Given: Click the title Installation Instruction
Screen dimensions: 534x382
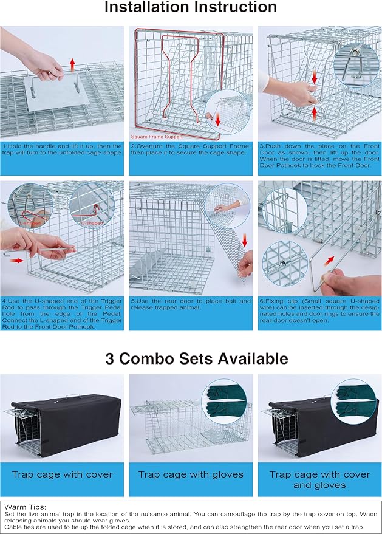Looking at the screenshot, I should (191, 8).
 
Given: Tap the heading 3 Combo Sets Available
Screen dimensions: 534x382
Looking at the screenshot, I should (191, 358).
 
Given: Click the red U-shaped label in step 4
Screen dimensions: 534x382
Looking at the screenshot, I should (92, 223).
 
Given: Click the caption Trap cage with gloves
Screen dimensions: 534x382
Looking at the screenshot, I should (191, 474).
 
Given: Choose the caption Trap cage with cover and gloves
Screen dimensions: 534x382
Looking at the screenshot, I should (319, 479).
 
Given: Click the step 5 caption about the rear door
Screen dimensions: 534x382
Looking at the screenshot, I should (191, 304).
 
